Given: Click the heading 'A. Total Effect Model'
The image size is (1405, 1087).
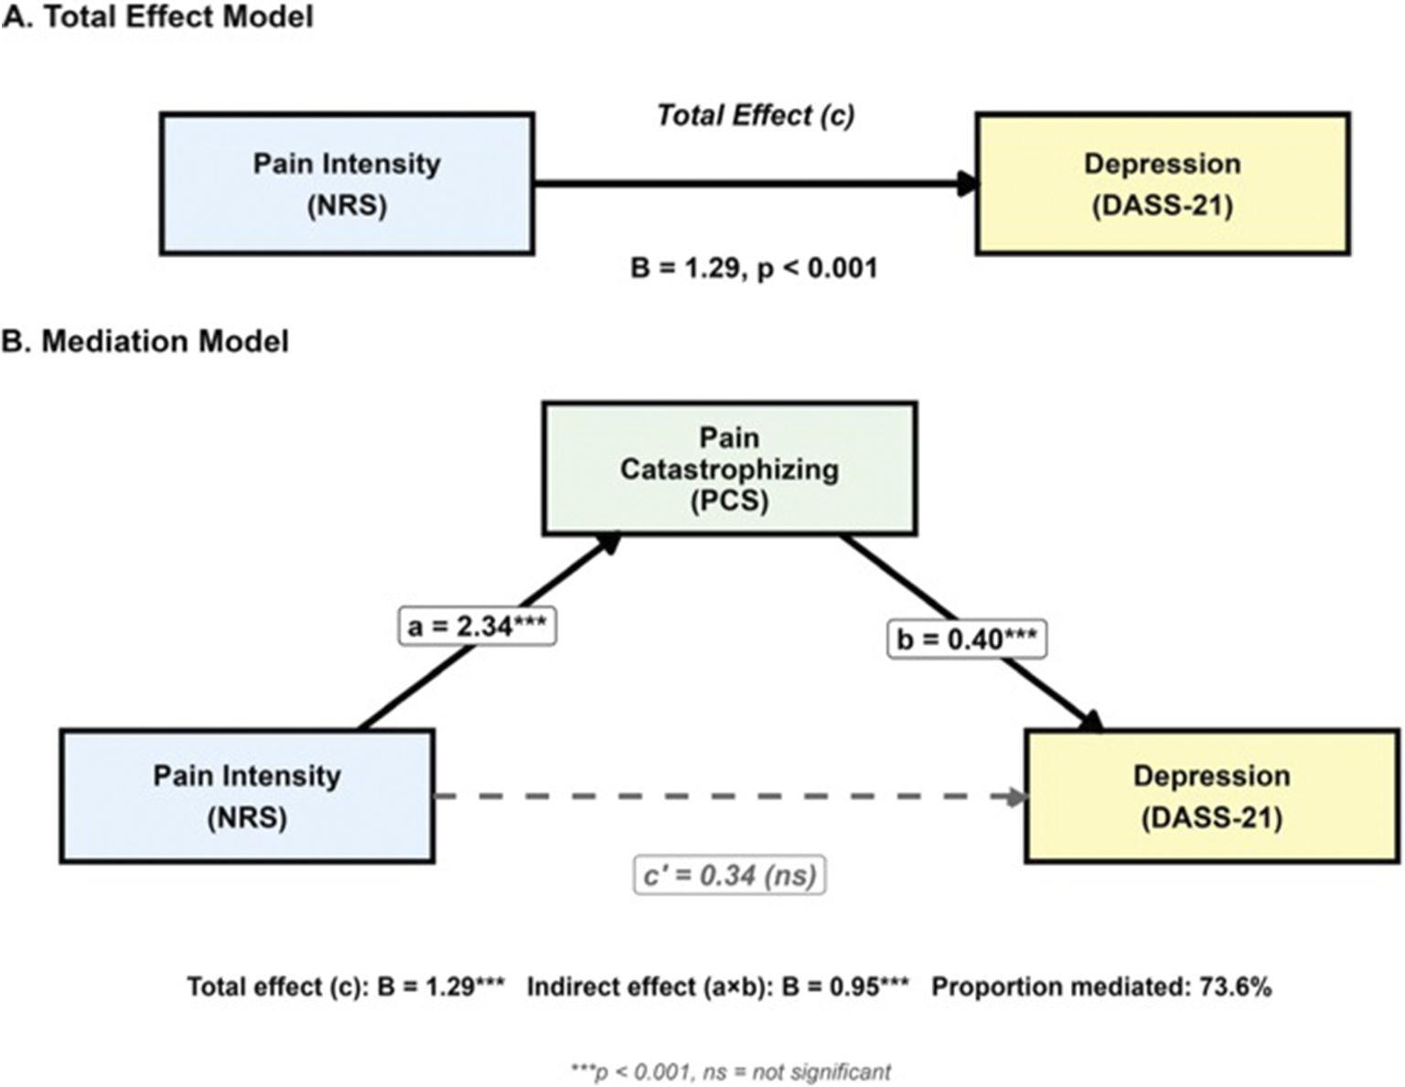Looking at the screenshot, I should click(157, 16).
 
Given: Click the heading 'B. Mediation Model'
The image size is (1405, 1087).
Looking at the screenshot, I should click(145, 341).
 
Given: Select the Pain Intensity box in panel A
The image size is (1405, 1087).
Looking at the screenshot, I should click(347, 184).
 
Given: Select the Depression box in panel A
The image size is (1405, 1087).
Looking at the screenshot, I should click(1162, 184).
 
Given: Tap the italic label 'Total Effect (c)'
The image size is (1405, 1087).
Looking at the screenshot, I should click(756, 116).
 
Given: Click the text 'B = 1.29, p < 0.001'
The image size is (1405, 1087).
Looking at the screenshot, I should click(754, 269).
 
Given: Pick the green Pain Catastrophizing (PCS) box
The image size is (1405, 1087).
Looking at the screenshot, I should click(729, 468).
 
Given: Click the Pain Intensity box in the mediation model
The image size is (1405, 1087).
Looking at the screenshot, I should click(247, 796).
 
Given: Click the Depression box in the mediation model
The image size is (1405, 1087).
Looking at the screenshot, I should click(1211, 796).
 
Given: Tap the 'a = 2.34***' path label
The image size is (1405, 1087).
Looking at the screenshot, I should click(477, 627).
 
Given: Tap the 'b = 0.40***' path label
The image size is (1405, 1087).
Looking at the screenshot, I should click(967, 639).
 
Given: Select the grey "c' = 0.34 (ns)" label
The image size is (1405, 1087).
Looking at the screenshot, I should click(729, 876).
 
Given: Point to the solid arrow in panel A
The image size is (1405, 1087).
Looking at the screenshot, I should click(750, 184).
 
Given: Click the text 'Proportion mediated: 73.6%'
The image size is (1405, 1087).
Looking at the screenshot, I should click(1101, 987).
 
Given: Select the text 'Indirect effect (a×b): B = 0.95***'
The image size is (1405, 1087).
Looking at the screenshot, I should click(718, 987).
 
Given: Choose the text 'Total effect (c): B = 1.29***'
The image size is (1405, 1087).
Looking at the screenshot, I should click(346, 987).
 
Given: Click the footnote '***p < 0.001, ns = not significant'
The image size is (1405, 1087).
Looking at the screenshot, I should click(730, 1071).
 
